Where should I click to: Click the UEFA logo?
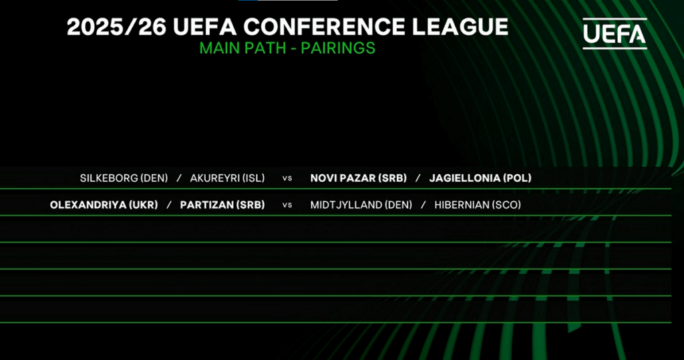coord(615,33)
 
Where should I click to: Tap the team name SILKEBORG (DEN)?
coord(124,178)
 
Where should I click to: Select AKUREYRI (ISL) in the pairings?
coord(227,178)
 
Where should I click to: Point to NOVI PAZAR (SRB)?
coord(359,178)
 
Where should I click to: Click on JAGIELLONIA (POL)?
coord(480,178)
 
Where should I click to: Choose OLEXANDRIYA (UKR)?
coord(104,205)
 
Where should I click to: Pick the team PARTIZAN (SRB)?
coord(222,205)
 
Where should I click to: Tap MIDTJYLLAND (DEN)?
coord(361,205)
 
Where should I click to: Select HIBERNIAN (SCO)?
coord(478,205)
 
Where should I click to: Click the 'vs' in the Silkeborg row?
coord(287,178)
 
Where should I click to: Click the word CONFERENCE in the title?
coord(325,27)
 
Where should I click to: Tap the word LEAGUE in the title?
coord(460,27)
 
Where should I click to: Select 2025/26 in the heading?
coord(116,27)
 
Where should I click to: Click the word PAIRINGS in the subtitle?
coord(338,48)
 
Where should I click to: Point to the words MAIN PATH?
coord(242,48)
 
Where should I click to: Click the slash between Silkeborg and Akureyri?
coord(179,178)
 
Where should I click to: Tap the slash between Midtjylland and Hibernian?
coord(423,205)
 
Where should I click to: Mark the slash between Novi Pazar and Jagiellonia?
coord(418,178)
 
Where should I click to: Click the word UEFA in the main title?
coord(204,27)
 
